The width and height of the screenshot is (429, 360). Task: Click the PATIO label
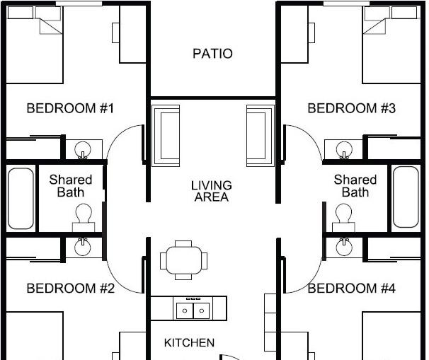(x=212, y=54)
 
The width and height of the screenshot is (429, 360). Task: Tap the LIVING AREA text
(x=212, y=191)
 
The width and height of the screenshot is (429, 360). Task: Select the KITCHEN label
(x=189, y=343)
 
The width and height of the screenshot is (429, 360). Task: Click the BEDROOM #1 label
(x=70, y=108)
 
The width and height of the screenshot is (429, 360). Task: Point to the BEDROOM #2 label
(x=71, y=289)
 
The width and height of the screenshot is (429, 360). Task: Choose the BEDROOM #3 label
(x=352, y=108)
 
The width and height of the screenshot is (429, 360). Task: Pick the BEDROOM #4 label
(x=352, y=289)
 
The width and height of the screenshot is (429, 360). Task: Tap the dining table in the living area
(x=183, y=260)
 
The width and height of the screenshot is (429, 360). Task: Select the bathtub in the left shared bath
(x=21, y=199)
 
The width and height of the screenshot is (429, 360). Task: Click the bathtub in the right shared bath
(x=406, y=197)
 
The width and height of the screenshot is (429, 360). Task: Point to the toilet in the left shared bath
(x=84, y=218)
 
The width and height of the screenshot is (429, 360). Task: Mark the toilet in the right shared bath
(x=343, y=218)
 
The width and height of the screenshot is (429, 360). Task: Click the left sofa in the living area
(x=166, y=136)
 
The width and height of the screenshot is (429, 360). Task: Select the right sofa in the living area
(x=261, y=136)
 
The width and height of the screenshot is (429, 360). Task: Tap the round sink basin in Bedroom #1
(x=82, y=149)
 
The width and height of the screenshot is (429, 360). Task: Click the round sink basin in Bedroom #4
(x=344, y=247)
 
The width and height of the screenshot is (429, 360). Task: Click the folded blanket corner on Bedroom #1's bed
(x=51, y=26)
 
